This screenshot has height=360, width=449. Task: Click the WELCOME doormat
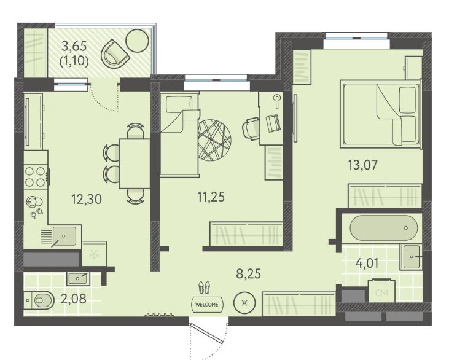click(x=207, y=305)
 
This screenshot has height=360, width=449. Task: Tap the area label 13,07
click(x=362, y=165)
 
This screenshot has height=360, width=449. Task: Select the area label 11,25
click(x=211, y=197)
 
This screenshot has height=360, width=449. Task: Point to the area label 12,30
click(x=87, y=199)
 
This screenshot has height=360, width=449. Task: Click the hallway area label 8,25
click(x=249, y=274)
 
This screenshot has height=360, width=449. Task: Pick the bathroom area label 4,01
click(x=367, y=263)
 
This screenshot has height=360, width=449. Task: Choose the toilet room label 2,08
click(x=74, y=299)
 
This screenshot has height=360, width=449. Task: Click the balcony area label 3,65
click(x=74, y=45)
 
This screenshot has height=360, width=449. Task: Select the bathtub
click(x=384, y=229)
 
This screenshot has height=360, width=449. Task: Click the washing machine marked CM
click(x=381, y=291)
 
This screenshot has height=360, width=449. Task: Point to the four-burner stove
click(x=36, y=176)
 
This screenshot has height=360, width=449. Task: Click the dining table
click(x=135, y=163)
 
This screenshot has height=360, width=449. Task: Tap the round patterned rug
click(x=214, y=140)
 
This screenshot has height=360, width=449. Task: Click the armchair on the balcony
click(x=115, y=54)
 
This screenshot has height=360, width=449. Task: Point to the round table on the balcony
click(x=138, y=41)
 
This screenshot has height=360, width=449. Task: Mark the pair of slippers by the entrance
click(x=204, y=288)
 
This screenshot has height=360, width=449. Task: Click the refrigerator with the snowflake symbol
click(x=94, y=254)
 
